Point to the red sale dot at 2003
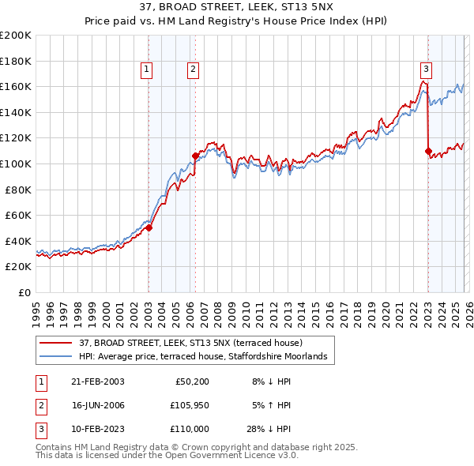point(149,227)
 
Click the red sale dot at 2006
point(194,156)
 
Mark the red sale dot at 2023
point(427,151)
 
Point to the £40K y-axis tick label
point(18,241)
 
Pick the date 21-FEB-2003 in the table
point(98,381)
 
